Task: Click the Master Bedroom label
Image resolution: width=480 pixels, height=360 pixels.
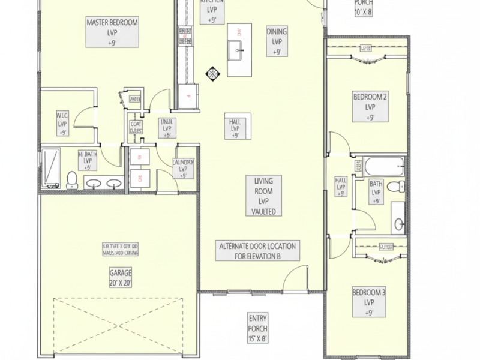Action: (x=112, y=32)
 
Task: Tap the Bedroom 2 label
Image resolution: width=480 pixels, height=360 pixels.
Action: (x=370, y=107)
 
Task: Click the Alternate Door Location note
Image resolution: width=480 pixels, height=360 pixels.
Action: (x=257, y=251)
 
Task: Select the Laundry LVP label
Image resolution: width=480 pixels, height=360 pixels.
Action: (x=182, y=168)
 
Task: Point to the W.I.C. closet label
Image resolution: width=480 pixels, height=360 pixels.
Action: (x=62, y=123)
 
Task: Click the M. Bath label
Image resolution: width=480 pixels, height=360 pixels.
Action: (x=88, y=160)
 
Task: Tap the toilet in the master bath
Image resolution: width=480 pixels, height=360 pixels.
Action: (x=72, y=179)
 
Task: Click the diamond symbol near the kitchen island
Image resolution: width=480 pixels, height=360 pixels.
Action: (x=212, y=74)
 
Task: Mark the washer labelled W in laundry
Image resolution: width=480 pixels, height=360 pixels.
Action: (x=141, y=157)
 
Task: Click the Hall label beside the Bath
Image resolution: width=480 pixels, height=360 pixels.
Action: (x=341, y=187)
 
